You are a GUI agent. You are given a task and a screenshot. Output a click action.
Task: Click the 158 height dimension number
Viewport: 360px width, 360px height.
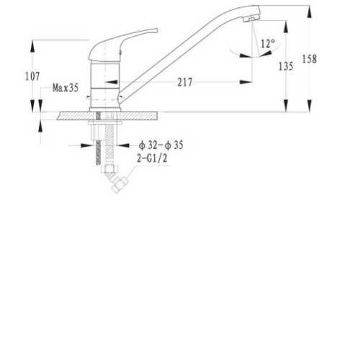309,59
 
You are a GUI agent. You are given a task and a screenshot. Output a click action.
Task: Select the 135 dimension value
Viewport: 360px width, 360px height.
286,66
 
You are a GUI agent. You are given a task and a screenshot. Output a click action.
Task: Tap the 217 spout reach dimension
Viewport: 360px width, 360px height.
185,82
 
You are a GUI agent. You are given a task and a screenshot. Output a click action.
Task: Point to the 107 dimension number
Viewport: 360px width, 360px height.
32,76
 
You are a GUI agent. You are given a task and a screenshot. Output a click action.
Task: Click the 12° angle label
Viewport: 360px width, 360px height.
268,44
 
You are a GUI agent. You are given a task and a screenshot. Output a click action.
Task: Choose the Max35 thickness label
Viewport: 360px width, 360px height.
66,88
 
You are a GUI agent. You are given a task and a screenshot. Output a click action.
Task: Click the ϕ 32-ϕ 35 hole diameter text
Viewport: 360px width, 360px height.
161,145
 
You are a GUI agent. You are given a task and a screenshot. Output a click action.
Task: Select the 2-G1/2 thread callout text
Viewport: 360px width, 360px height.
152,158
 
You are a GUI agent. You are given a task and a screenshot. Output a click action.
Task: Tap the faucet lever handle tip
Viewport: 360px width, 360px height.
156,30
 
